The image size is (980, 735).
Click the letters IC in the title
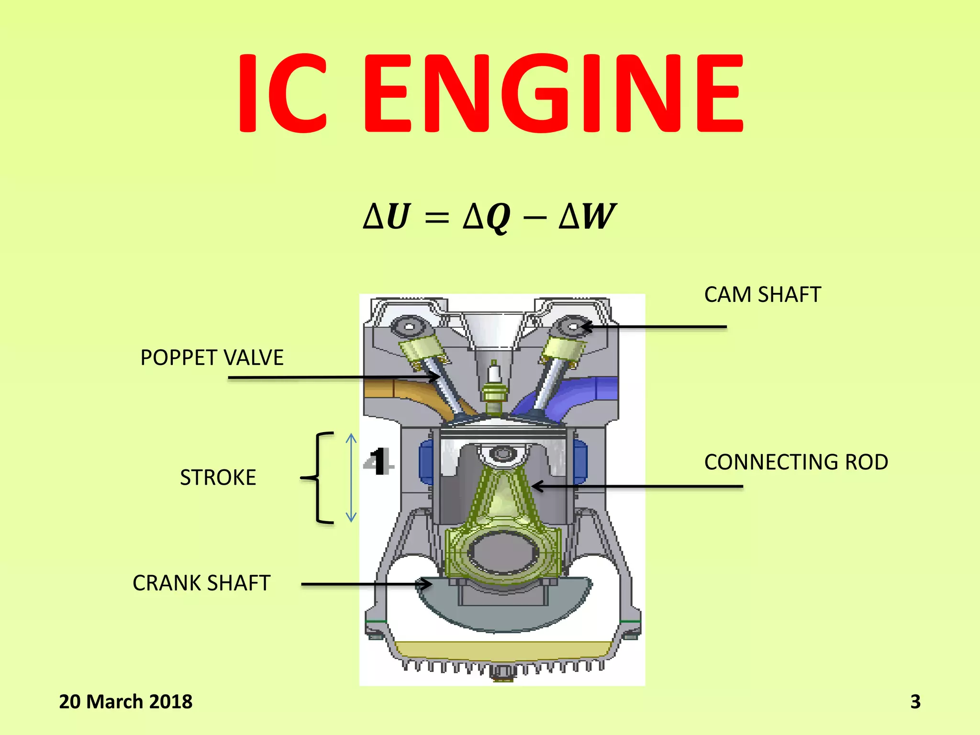click(282, 93)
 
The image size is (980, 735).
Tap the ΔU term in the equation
click(387, 216)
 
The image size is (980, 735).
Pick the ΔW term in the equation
click(587, 216)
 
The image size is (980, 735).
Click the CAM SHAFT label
click(762, 295)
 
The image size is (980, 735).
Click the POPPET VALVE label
click(212, 358)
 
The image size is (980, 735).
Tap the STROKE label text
click(218, 478)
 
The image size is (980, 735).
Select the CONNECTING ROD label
click(796, 462)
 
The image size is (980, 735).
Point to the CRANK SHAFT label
click(201, 583)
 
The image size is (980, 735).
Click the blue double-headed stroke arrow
click(351, 478)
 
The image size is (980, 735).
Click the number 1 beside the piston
click(379, 462)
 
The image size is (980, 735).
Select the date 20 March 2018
click(125, 702)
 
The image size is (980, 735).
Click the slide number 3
click(915, 702)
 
